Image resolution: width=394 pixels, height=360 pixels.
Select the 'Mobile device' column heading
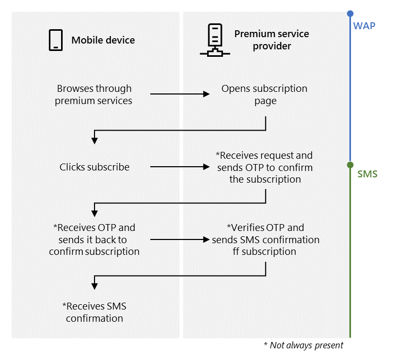point(103,40)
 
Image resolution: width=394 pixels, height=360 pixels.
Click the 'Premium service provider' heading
point(271,40)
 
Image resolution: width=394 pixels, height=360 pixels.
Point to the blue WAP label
point(365,24)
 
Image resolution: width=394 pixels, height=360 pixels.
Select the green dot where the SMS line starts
point(350,165)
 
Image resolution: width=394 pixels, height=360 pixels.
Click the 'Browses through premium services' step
point(94,95)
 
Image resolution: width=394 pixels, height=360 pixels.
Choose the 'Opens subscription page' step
point(264,95)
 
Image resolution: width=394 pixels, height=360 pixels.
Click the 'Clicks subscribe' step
point(95,167)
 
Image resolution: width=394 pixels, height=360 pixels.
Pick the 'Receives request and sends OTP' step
point(264,167)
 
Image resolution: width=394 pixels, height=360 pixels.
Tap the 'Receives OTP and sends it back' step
point(95,239)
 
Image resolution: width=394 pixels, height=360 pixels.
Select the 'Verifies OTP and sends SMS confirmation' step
point(265,239)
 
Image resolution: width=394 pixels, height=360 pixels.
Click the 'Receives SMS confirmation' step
point(95,312)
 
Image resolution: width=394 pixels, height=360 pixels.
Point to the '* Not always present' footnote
point(303,346)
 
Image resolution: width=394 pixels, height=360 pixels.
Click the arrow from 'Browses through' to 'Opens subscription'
point(180,95)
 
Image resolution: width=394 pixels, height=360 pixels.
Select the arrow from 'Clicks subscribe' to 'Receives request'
point(180,167)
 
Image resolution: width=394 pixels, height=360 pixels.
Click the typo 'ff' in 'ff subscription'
point(236,251)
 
